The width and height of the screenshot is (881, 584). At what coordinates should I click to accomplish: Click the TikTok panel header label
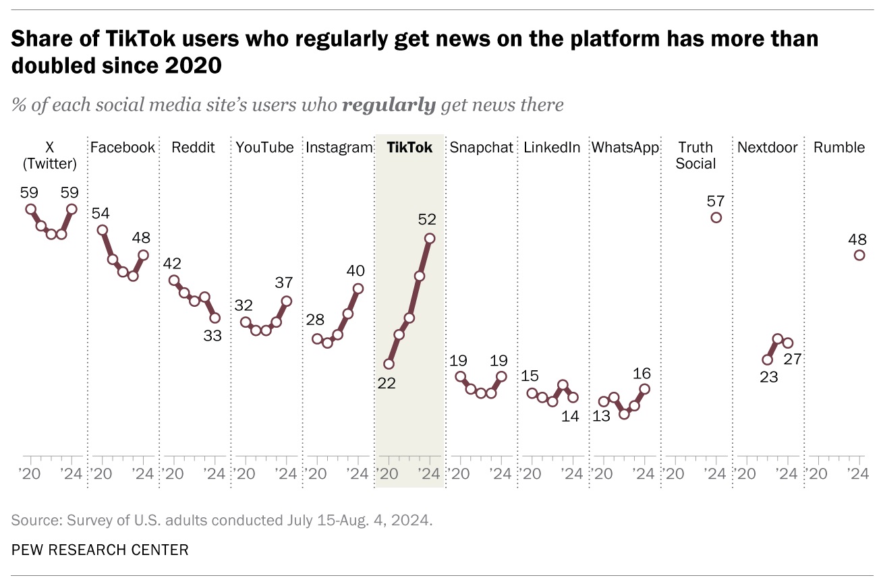pos(409,148)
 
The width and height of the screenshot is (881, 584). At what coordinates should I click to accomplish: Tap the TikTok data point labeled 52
pos(430,238)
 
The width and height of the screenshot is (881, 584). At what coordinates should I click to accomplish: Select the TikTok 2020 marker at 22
pos(389,363)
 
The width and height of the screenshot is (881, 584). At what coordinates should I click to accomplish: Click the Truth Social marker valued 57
pos(716,217)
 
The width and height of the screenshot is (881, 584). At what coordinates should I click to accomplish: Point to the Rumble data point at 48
pos(859,255)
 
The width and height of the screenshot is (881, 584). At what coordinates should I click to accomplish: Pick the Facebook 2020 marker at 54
pos(103,230)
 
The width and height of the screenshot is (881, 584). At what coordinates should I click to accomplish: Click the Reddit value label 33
pos(212,335)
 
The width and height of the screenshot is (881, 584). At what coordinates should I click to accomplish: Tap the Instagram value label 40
pos(356,270)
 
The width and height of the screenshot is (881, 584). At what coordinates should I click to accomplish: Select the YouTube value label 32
pos(244,305)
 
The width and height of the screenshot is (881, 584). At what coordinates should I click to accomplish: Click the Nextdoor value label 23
pos(768,377)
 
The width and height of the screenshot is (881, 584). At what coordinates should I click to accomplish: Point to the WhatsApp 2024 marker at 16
pos(645,389)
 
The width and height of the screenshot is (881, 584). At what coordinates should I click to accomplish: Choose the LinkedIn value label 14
pos(570,416)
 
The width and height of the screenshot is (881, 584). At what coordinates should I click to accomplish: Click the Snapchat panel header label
pos(482,148)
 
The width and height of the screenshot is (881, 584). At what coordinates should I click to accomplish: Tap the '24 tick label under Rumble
pos(857,474)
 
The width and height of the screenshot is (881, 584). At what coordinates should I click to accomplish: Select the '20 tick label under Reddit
pos(173,474)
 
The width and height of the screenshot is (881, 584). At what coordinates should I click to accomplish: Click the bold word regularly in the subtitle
pos(389,105)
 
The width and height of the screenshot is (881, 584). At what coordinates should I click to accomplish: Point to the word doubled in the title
pos(53,65)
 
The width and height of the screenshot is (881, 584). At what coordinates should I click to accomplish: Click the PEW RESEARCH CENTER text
pos(100,550)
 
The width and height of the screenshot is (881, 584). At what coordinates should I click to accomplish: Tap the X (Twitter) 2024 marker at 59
pos(72,209)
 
